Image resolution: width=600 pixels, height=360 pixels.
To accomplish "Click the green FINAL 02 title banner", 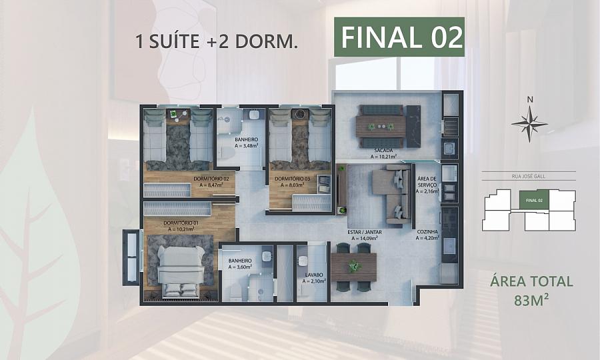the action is (x=399, y=37).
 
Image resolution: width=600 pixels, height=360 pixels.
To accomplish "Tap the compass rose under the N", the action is (x=529, y=123).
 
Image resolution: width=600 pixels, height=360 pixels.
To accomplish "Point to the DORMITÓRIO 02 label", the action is (x=211, y=179).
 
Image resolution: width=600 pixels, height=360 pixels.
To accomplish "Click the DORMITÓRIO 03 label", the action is (x=293, y=179).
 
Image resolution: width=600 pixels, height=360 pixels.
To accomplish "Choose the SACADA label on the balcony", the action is (x=383, y=151).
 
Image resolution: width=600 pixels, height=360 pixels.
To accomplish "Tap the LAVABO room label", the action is (x=314, y=275).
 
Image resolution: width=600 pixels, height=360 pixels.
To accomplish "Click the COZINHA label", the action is (x=427, y=232).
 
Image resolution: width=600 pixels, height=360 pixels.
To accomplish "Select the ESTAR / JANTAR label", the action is (x=364, y=232).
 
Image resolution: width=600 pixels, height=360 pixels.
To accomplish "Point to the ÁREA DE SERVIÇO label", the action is (x=427, y=182).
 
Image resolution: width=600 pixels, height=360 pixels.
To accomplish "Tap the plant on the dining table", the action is (x=354, y=265).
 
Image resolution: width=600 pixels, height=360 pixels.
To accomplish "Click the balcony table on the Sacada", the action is (x=381, y=126).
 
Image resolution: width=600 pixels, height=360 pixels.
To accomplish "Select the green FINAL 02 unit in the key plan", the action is (x=534, y=200).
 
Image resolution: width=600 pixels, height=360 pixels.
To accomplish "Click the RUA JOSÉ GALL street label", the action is (x=529, y=177).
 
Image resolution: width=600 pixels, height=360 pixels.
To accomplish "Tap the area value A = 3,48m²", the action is (x=247, y=145).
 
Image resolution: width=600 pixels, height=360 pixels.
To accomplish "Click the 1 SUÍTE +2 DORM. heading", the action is (x=217, y=41).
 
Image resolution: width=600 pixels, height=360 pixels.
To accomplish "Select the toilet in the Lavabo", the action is (x=302, y=262).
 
